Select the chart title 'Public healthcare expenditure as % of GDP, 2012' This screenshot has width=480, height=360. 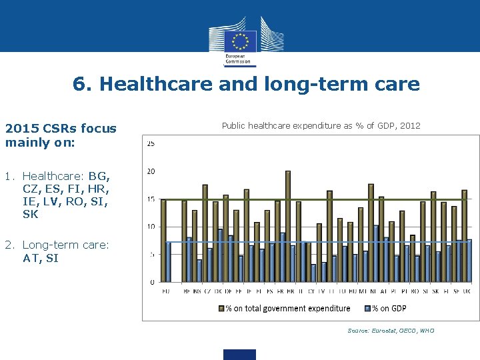[321, 125]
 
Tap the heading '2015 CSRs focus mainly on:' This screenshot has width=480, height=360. [60, 135]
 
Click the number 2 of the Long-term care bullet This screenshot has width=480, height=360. [8, 245]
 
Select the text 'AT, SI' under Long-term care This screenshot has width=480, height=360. [41, 259]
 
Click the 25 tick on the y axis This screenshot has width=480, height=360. [151, 143]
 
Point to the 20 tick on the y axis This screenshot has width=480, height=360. [151, 171]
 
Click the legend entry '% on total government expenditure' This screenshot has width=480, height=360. [287, 308]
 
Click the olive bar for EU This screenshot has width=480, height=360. [164, 241]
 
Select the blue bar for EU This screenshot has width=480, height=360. [169, 261]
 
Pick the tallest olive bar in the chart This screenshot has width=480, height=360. [288, 226]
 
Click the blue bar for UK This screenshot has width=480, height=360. [469, 261]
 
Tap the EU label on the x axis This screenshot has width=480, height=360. [166, 291]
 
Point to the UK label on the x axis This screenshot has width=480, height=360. [467, 291]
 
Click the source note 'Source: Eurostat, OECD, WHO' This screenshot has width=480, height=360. [391, 331]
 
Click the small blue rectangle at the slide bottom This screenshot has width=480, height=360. [240, 355]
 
